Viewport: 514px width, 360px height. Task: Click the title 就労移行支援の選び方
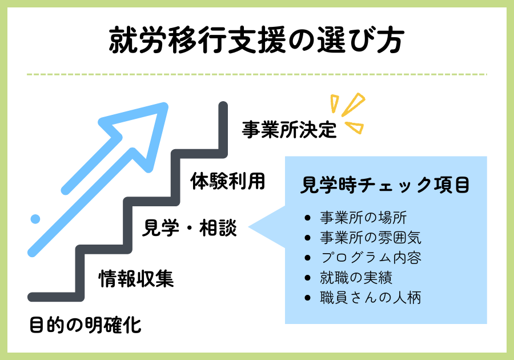point(256,40)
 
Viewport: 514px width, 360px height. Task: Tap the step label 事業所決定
point(289,130)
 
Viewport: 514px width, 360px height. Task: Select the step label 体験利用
point(227,181)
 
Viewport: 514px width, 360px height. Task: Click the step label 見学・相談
point(189,227)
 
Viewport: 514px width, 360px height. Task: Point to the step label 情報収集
point(136,279)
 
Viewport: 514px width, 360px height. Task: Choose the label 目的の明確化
point(85,325)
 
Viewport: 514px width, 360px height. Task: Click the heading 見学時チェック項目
point(385,185)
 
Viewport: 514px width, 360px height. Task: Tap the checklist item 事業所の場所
point(363,218)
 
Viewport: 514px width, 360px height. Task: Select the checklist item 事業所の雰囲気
point(371,238)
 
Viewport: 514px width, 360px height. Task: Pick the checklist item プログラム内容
point(371,258)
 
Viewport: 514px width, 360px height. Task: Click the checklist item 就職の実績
point(356,278)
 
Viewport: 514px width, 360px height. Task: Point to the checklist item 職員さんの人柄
point(371,298)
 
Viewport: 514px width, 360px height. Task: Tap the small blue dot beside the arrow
point(35,219)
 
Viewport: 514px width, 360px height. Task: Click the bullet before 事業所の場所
point(307,218)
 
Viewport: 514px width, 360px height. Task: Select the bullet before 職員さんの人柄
point(307,298)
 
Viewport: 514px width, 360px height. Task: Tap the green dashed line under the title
point(256,74)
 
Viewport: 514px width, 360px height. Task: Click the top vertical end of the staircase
point(223,106)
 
